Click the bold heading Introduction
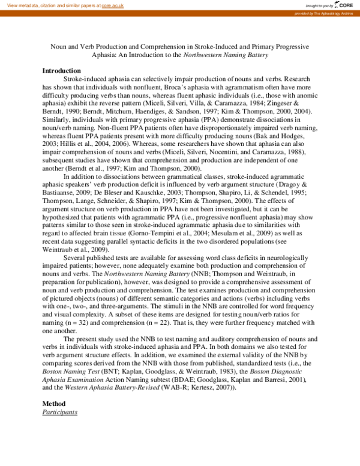(61, 71)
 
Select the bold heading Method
(53, 403)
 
